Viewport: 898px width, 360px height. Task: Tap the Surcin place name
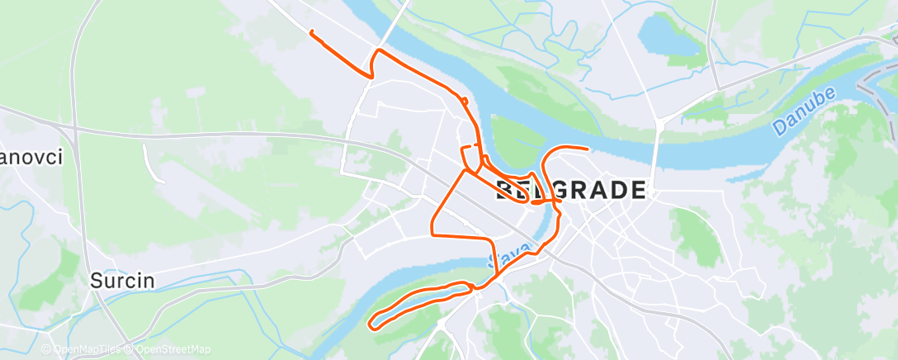pyautogui.click(x=122, y=280)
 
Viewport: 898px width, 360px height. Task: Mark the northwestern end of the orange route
pyautogui.click(x=311, y=31)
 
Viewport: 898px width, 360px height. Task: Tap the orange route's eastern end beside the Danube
pyautogui.click(x=587, y=149)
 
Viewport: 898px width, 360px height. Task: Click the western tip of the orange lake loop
pyautogui.click(x=371, y=323)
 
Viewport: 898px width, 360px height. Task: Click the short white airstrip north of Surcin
pyautogui.click(x=149, y=162)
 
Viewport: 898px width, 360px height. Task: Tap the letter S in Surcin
pyautogui.click(x=95, y=280)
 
